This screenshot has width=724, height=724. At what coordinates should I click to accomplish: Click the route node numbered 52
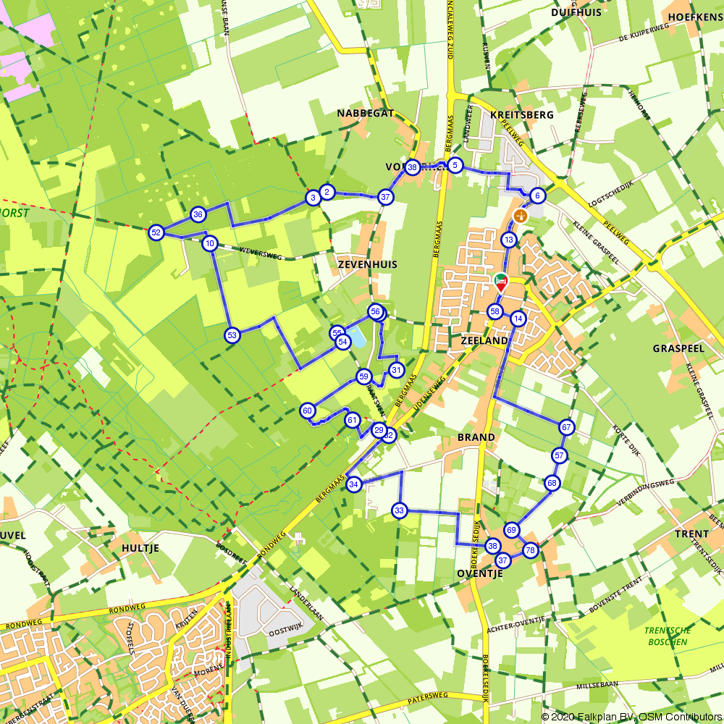[156, 232]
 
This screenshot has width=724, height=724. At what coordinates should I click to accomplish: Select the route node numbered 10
[210, 243]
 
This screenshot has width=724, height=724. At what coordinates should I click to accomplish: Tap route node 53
[232, 335]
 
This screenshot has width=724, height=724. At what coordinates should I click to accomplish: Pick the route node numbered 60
[308, 411]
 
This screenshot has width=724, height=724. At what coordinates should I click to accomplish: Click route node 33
[400, 510]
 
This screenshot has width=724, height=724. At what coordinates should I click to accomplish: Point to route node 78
[530, 550]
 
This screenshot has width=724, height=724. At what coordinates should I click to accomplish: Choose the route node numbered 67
[566, 427]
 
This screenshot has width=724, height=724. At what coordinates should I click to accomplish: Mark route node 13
[509, 240]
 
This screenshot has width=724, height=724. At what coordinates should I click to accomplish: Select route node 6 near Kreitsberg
[536, 195]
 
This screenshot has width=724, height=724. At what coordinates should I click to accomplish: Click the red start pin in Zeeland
[500, 282]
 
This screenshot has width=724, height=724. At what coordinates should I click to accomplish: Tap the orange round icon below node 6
[520, 215]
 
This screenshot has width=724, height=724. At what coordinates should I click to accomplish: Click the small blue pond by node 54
[358, 337]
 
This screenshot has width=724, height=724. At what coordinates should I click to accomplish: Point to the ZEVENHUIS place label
[367, 265]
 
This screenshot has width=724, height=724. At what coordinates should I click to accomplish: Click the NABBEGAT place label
[366, 114]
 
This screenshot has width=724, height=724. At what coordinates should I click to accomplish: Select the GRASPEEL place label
[678, 348]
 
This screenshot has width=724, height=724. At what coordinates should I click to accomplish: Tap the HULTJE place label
[140, 548]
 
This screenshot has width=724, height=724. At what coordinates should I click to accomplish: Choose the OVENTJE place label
[480, 573]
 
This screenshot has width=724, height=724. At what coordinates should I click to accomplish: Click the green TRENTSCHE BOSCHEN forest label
[668, 636]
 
